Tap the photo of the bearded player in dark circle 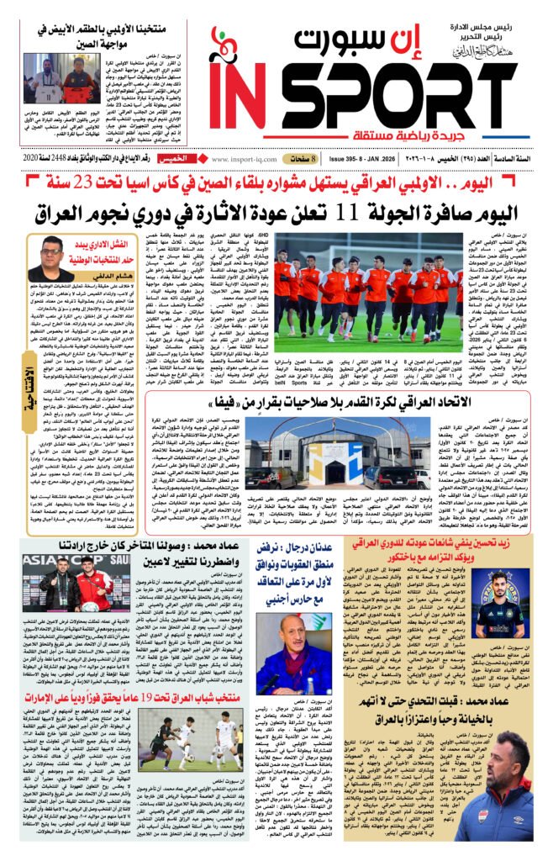pyautogui.click(x=479, y=598)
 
